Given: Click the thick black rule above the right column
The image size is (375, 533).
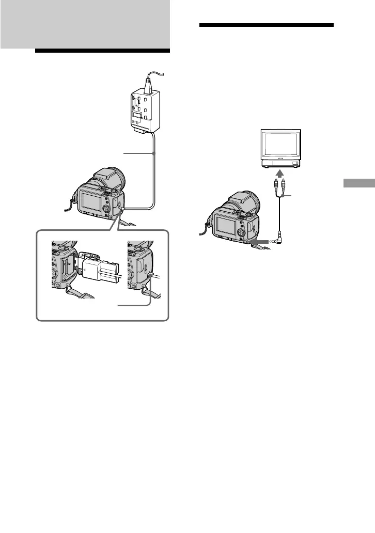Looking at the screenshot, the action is point(266,25).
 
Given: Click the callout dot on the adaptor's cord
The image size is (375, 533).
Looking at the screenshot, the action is point(154,153).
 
